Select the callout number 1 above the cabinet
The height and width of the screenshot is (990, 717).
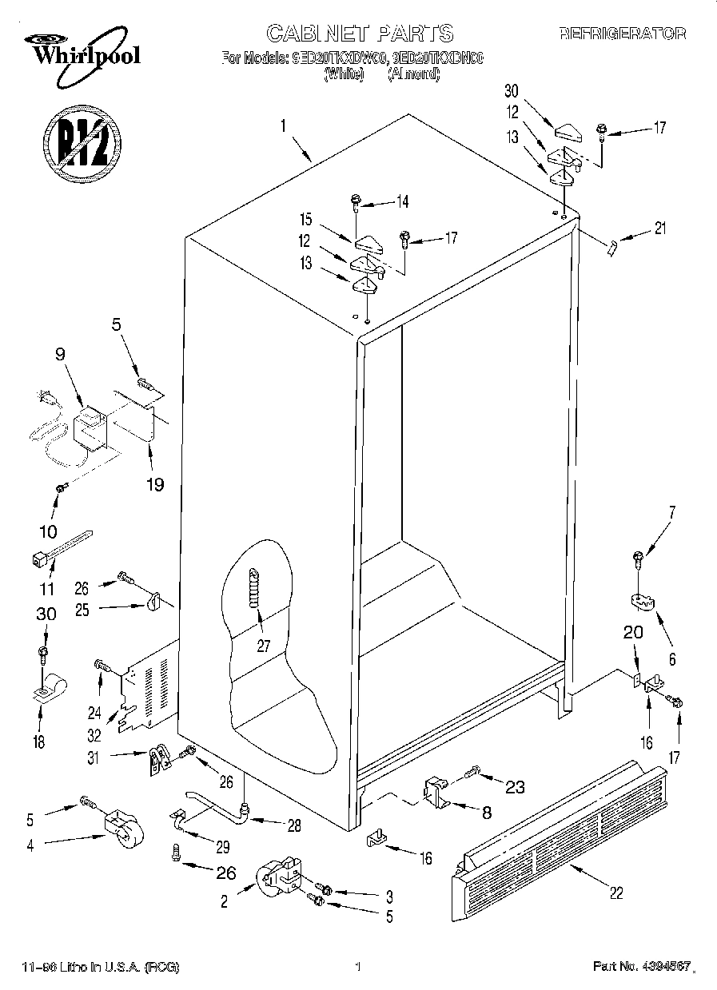pos(283,125)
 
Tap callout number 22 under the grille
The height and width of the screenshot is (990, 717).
pos(616,893)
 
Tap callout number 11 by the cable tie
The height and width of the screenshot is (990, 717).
pos(47,590)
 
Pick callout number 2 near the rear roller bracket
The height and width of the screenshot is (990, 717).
pos(225,902)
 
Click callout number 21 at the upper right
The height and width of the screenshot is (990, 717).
pos(659,229)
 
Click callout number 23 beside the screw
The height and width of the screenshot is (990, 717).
pos(515,787)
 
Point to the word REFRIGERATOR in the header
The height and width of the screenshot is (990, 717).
pos(622,34)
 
